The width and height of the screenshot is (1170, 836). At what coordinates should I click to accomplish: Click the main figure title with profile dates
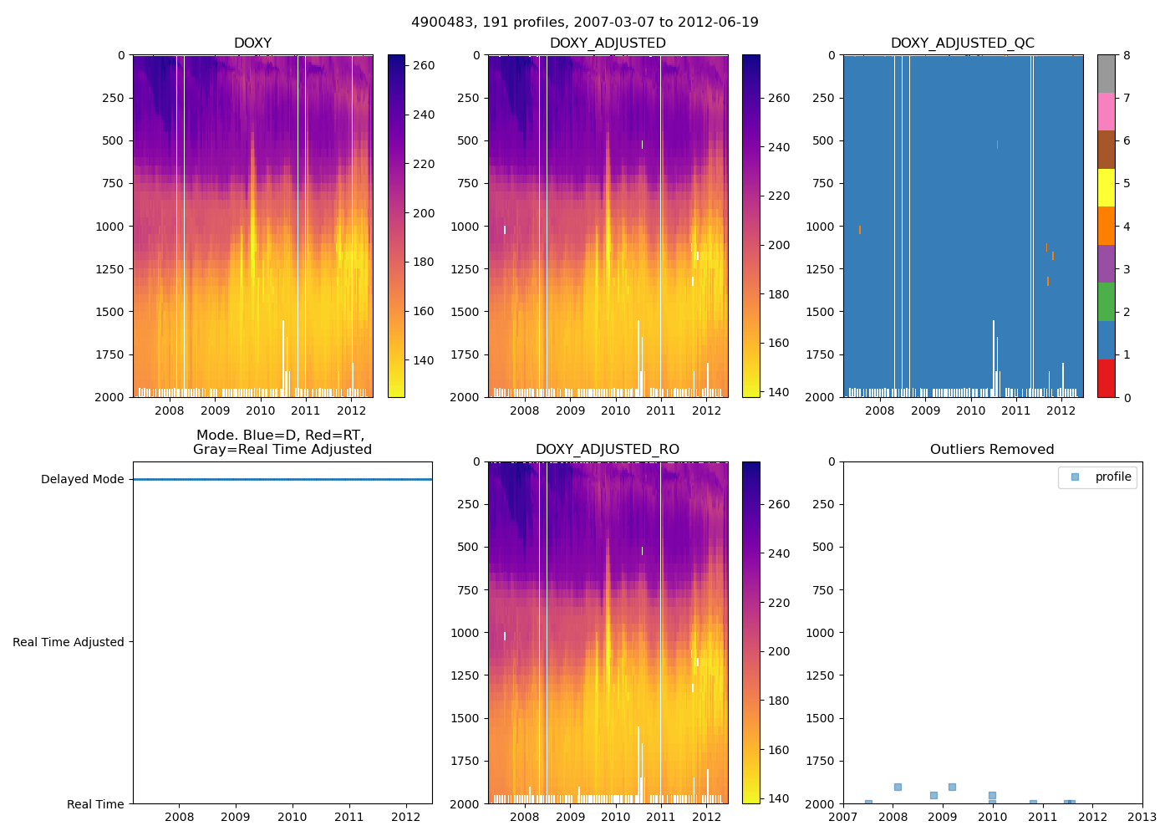click(x=584, y=23)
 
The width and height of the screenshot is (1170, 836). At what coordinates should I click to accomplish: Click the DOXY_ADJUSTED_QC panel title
click(x=962, y=43)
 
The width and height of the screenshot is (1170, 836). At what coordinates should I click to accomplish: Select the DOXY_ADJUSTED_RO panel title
click(x=607, y=450)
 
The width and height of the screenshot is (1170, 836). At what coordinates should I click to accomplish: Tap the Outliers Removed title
click(x=992, y=450)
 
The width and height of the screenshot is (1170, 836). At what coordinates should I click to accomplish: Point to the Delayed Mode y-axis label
click(x=82, y=480)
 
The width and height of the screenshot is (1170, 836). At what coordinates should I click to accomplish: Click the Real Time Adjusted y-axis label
click(x=69, y=642)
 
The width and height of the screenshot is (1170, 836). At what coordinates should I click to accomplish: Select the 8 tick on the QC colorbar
click(x=1127, y=56)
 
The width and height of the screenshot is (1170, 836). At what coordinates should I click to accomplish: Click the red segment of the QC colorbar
click(x=1106, y=378)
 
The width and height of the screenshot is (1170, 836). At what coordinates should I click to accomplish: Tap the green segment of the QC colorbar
click(x=1106, y=302)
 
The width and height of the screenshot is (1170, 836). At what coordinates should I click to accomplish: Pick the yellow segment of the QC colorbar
click(x=1106, y=188)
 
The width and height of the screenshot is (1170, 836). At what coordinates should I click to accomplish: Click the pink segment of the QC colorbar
click(x=1106, y=112)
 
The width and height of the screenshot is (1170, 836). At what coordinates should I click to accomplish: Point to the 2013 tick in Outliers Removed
click(x=1142, y=817)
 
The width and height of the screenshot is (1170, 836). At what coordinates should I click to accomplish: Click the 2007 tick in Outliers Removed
click(x=842, y=817)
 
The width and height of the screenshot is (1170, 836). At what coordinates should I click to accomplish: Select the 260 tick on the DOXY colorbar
click(x=424, y=65)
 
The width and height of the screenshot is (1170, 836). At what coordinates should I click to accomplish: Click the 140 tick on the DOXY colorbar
click(x=424, y=360)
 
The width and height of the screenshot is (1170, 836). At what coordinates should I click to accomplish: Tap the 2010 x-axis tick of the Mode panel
click(x=292, y=817)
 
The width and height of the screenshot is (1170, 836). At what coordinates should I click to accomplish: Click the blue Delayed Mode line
click(x=282, y=480)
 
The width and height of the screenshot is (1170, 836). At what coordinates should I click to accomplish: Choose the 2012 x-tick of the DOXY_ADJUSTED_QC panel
click(x=1061, y=410)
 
